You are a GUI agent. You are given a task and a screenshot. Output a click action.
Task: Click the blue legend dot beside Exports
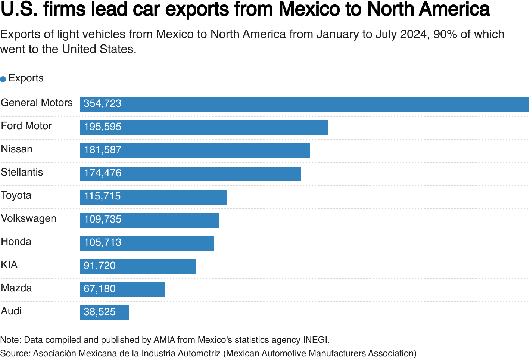(x=3, y=79)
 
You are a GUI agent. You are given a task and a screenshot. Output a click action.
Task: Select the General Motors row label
(x=37, y=103)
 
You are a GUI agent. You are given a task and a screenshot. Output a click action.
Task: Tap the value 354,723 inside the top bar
(x=102, y=104)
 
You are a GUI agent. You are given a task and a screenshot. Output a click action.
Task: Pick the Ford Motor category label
(x=26, y=126)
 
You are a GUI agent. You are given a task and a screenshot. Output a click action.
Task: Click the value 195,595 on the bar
(x=102, y=127)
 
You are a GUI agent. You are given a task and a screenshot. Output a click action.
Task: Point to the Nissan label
(x=17, y=149)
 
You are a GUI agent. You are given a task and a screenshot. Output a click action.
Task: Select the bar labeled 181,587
(x=194, y=151)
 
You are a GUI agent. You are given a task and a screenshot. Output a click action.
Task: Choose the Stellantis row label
(x=22, y=172)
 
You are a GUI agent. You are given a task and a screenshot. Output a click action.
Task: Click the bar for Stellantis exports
(x=190, y=174)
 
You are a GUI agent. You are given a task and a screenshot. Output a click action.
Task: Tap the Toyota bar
(x=153, y=197)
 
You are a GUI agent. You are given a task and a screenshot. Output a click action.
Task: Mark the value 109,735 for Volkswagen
(x=102, y=220)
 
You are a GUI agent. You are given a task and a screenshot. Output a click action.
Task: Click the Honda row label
(x=16, y=242)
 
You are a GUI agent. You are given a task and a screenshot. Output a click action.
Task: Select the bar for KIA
(x=138, y=267)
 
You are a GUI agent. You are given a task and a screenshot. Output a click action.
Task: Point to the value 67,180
(x=99, y=289)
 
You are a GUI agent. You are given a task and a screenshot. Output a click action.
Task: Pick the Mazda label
(x=16, y=288)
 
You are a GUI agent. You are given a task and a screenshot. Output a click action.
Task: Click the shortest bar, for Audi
(x=104, y=313)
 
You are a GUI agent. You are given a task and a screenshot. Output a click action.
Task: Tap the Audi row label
(x=11, y=311)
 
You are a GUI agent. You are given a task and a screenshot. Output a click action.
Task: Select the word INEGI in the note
(x=316, y=340)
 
